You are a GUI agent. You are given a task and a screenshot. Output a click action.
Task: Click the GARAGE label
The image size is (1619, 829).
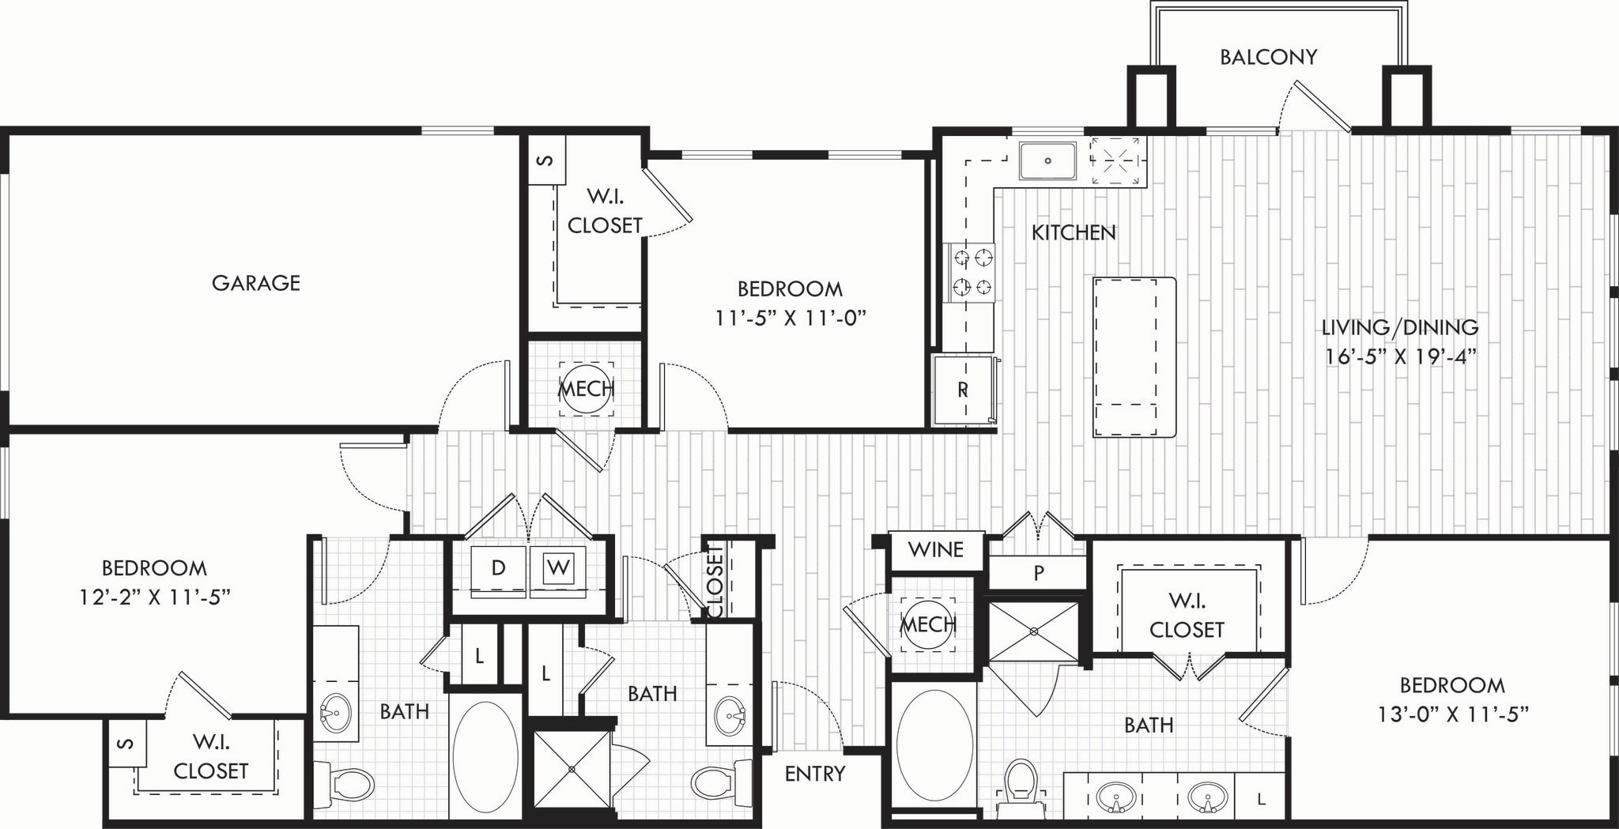[x=255, y=283]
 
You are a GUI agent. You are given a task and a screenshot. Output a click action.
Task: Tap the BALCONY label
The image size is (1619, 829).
[x=1268, y=57]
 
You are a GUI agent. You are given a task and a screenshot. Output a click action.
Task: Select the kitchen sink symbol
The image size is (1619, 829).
[x=1047, y=160]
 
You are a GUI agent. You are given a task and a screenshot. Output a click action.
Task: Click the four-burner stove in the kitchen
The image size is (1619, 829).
[x=972, y=273]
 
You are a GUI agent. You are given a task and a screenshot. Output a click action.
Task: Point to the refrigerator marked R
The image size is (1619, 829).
[x=963, y=390]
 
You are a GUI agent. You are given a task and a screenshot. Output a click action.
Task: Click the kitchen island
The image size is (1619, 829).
[x=1134, y=357]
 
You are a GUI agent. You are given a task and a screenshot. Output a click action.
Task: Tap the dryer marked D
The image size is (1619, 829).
[x=498, y=568]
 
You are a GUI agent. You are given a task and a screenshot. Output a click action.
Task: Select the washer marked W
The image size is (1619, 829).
[x=558, y=568]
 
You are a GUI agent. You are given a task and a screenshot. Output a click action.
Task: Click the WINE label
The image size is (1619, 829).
[x=935, y=549]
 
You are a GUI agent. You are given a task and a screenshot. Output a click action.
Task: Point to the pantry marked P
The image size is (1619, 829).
[x=1038, y=573]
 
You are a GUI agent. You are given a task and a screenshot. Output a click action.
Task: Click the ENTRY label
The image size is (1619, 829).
[x=814, y=774]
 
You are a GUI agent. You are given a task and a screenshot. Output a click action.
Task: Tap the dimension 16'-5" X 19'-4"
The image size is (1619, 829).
[x=1401, y=356]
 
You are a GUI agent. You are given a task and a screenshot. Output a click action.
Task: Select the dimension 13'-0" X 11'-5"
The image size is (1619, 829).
[x=1452, y=714]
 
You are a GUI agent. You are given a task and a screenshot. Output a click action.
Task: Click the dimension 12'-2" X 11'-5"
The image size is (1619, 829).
[x=154, y=597]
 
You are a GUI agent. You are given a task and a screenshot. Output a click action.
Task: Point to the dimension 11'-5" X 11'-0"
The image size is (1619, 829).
[x=791, y=318]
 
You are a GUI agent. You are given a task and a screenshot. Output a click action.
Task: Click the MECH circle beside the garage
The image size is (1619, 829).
[x=586, y=389]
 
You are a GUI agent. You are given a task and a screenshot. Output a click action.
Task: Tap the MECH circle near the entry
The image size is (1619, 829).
[x=928, y=624]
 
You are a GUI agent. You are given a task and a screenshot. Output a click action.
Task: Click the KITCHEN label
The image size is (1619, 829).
[x=1074, y=232]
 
